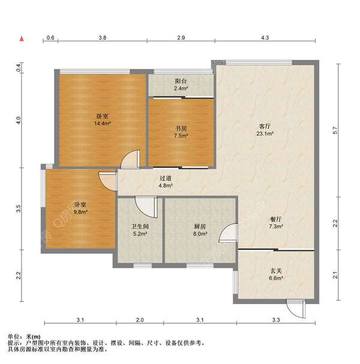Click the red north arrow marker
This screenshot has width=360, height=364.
coord(22,39)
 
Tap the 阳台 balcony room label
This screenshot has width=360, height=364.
coord(181,81)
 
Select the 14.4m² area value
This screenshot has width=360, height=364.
coord(103,124)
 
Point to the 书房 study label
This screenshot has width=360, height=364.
coord(181,128)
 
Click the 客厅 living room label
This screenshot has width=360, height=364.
coord(265,127)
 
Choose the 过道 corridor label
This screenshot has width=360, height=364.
coord(166,178)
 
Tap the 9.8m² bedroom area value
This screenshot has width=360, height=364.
coord(80,212)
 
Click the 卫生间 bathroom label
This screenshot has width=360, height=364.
coord(140,226)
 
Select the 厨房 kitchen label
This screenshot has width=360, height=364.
coord(200,226)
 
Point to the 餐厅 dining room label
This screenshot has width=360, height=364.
coord(276,219)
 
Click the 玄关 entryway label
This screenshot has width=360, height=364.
coord(276,270)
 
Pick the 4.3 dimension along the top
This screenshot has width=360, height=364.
coord(265,38)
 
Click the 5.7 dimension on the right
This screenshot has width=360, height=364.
coord(335,130)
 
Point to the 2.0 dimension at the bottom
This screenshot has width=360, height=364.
coord(140,320)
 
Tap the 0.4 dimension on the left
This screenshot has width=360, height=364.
coord(19,68)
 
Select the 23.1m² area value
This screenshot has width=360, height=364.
coord(265,134)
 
